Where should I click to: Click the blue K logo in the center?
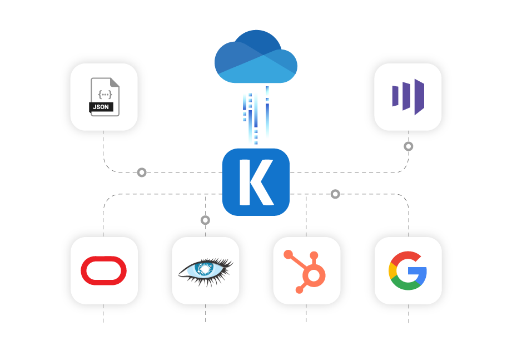(256, 182)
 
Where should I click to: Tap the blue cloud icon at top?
(256, 57)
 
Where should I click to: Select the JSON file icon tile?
(104, 97)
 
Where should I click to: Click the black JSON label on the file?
(101, 107)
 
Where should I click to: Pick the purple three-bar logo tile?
(408, 97)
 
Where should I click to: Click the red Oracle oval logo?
(104, 270)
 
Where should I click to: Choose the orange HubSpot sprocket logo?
(306, 271)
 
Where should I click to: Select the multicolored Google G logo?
(407, 270)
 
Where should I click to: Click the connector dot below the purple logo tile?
(409, 146)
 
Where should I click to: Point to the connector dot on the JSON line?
(142, 172)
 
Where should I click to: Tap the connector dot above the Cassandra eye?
(205, 220)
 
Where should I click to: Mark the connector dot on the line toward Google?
(335, 194)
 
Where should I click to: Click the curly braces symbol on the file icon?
(105, 94)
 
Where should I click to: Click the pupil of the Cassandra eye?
(206, 268)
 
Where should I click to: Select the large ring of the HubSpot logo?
(314, 275)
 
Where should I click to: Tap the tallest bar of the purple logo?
(419, 97)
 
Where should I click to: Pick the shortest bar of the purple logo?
(395, 96)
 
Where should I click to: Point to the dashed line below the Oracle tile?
(103, 314)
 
